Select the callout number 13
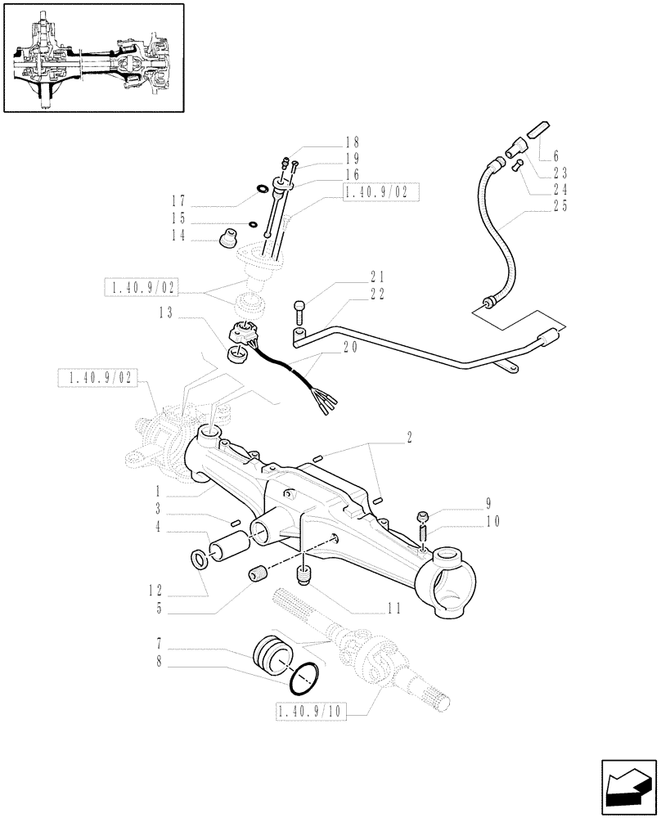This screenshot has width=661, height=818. (167, 312)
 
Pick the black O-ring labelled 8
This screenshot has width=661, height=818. (302, 676)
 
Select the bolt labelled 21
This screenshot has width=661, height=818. (301, 312)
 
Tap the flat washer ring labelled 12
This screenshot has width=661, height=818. (199, 559)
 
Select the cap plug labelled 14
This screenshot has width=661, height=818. (227, 239)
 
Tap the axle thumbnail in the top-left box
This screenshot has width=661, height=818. (92, 58)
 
